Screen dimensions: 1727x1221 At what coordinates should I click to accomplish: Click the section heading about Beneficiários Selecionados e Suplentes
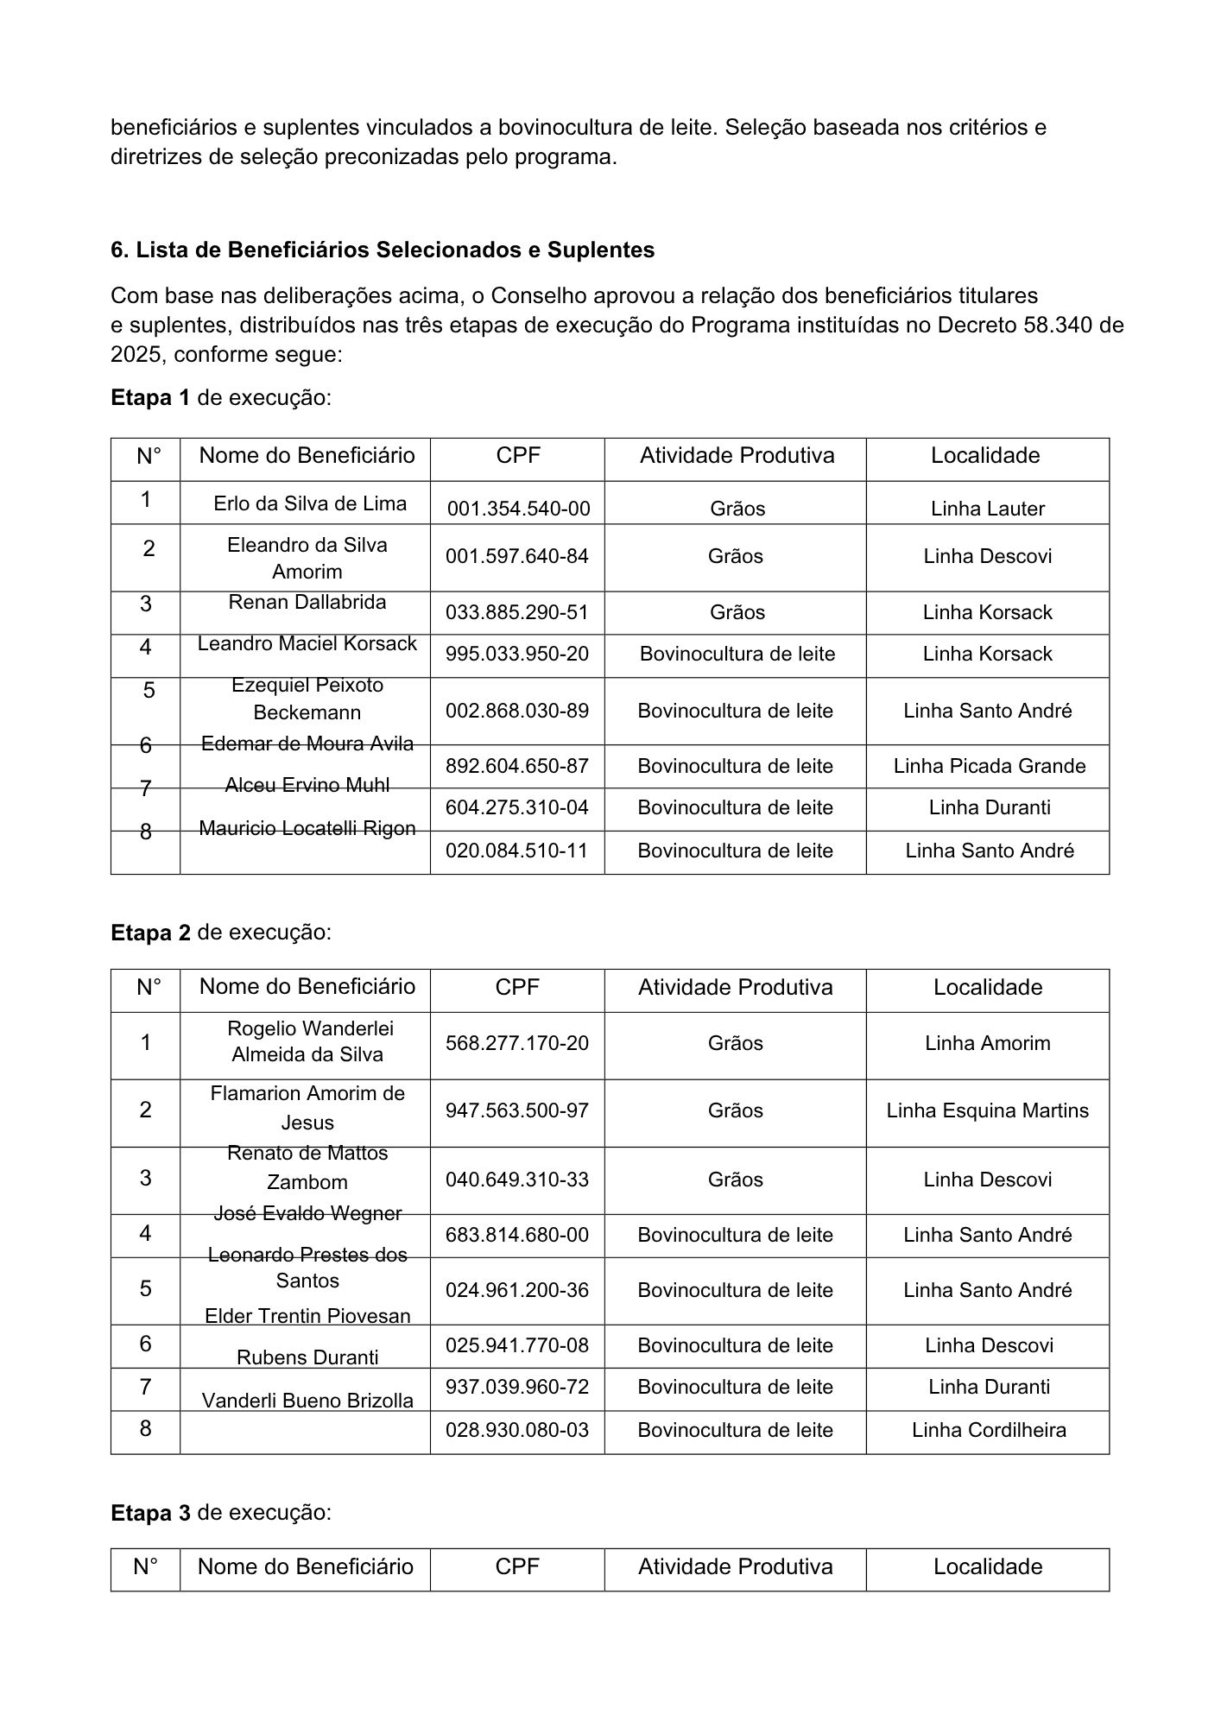[x=382, y=250]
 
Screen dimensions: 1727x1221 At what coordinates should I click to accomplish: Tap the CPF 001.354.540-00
[x=518, y=509]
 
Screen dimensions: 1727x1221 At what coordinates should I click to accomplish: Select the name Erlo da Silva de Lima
[x=310, y=503]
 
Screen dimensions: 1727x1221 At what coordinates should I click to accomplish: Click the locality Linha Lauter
[x=987, y=509]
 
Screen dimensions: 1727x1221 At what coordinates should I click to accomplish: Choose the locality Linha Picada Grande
[x=989, y=766]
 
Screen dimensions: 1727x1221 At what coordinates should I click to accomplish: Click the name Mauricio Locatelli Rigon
[x=307, y=828]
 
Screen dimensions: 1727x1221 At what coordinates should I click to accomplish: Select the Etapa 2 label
[x=150, y=933]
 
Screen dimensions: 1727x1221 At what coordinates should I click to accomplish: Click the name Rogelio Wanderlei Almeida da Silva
[x=307, y=1041]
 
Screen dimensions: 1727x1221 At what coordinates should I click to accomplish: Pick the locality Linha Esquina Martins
[x=987, y=1110]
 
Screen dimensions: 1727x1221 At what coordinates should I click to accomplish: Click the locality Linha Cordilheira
[x=989, y=1430]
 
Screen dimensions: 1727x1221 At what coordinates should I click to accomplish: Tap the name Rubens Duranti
[x=307, y=1357]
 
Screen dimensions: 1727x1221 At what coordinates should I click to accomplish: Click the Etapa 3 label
[x=150, y=1513]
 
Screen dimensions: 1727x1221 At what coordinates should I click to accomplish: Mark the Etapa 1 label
[x=150, y=398]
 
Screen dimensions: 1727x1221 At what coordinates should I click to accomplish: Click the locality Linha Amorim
[x=987, y=1043]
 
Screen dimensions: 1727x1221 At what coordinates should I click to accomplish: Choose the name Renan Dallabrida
[x=307, y=602]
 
